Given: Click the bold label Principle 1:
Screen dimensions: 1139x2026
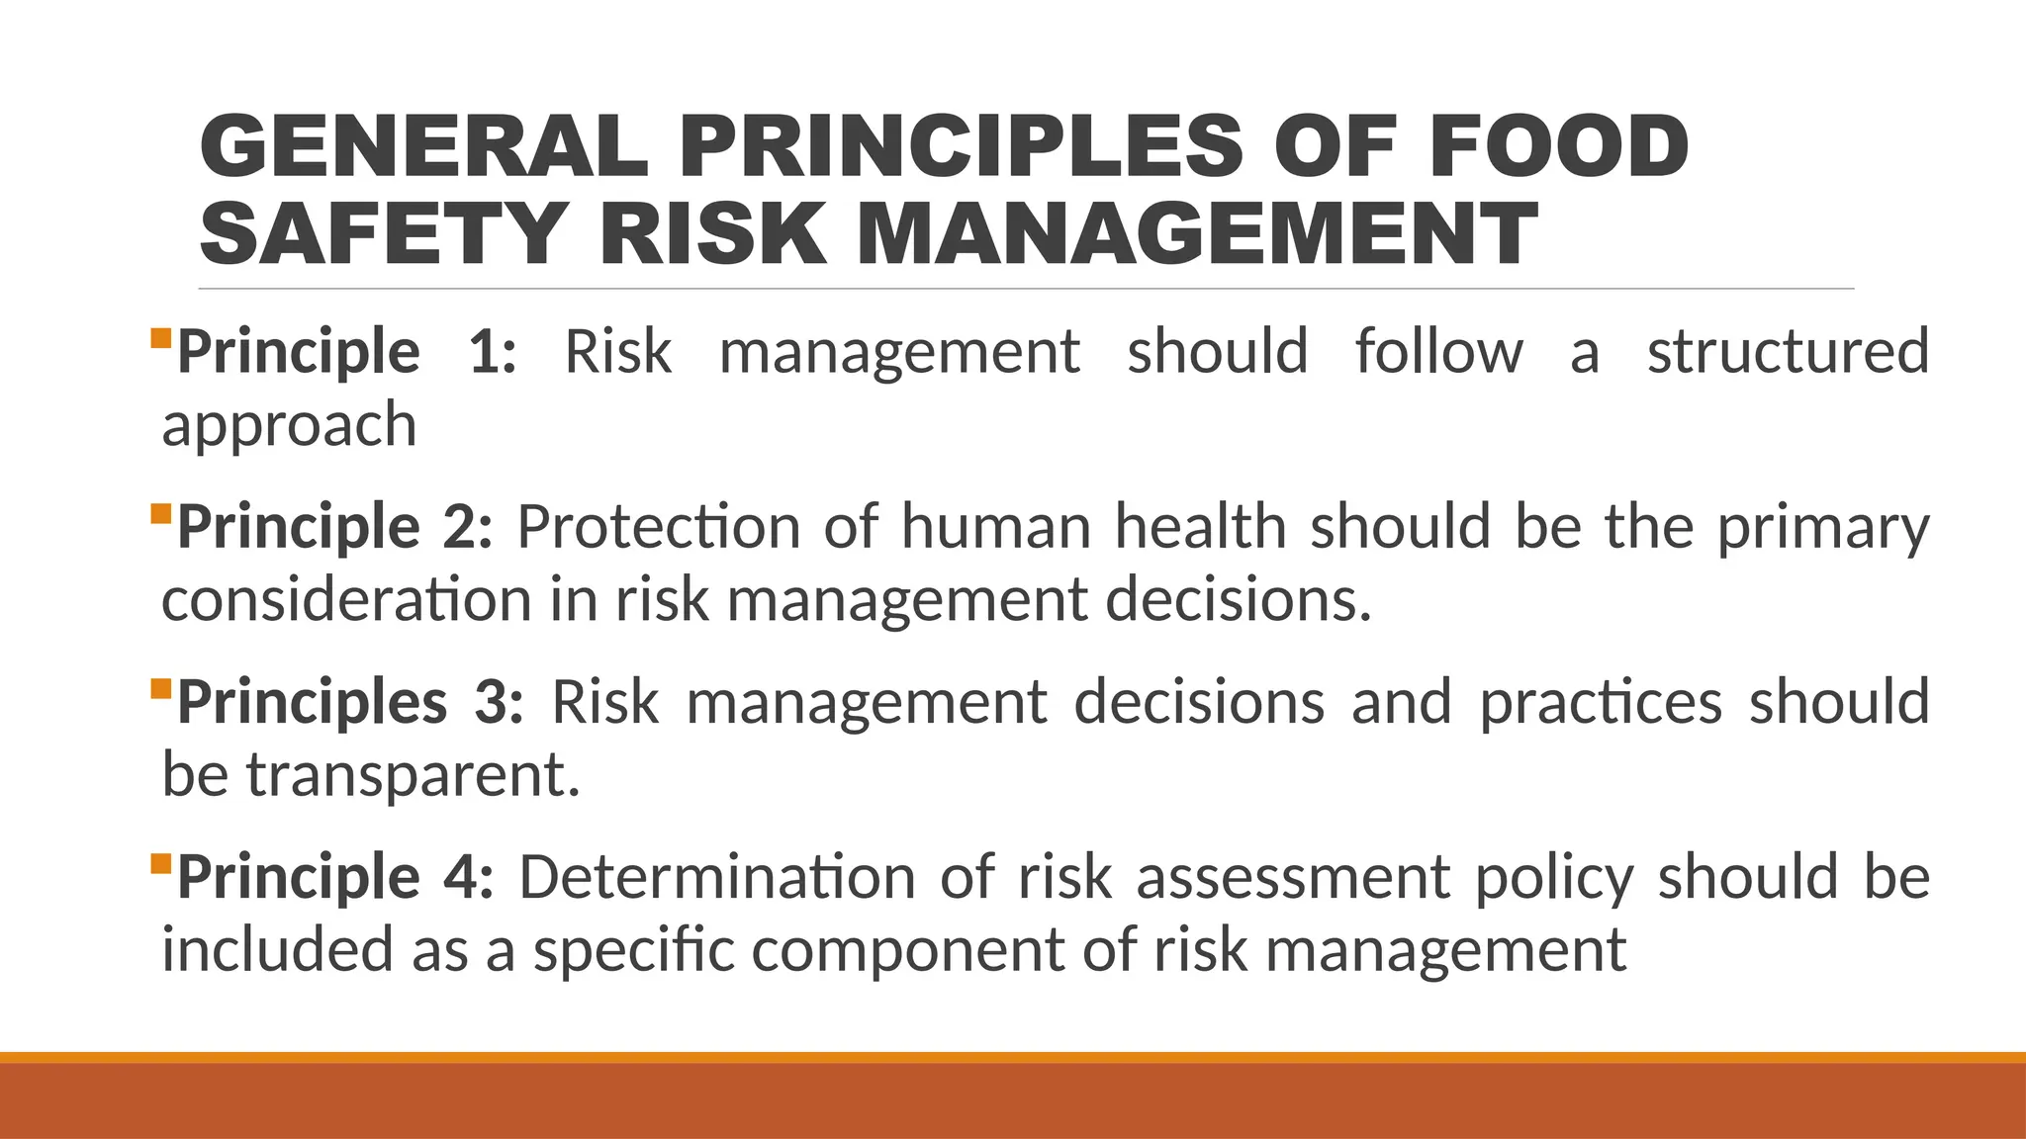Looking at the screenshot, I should click(x=346, y=352).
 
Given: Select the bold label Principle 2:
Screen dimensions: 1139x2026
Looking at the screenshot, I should click(x=334, y=527).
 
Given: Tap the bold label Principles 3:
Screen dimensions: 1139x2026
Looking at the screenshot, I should click(x=350, y=702).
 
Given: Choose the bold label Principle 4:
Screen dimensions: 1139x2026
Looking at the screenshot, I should click(x=335, y=877).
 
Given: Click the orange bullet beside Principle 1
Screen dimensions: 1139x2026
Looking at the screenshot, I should click(x=161, y=339).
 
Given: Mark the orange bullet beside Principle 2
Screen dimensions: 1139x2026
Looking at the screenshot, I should click(x=161, y=514).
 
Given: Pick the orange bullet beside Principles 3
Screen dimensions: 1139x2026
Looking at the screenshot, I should click(x=161, y=689).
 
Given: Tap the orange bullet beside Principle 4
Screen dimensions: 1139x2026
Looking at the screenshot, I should click(x=161, y=864).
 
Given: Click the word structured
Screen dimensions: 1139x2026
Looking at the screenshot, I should click(x=1788, y=352).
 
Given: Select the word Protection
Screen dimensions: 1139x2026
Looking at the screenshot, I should click(x=658, y=527).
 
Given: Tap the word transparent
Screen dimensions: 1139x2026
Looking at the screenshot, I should click(x=413, y=776).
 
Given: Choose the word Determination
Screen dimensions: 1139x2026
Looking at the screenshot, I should click(x=717, y=877).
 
